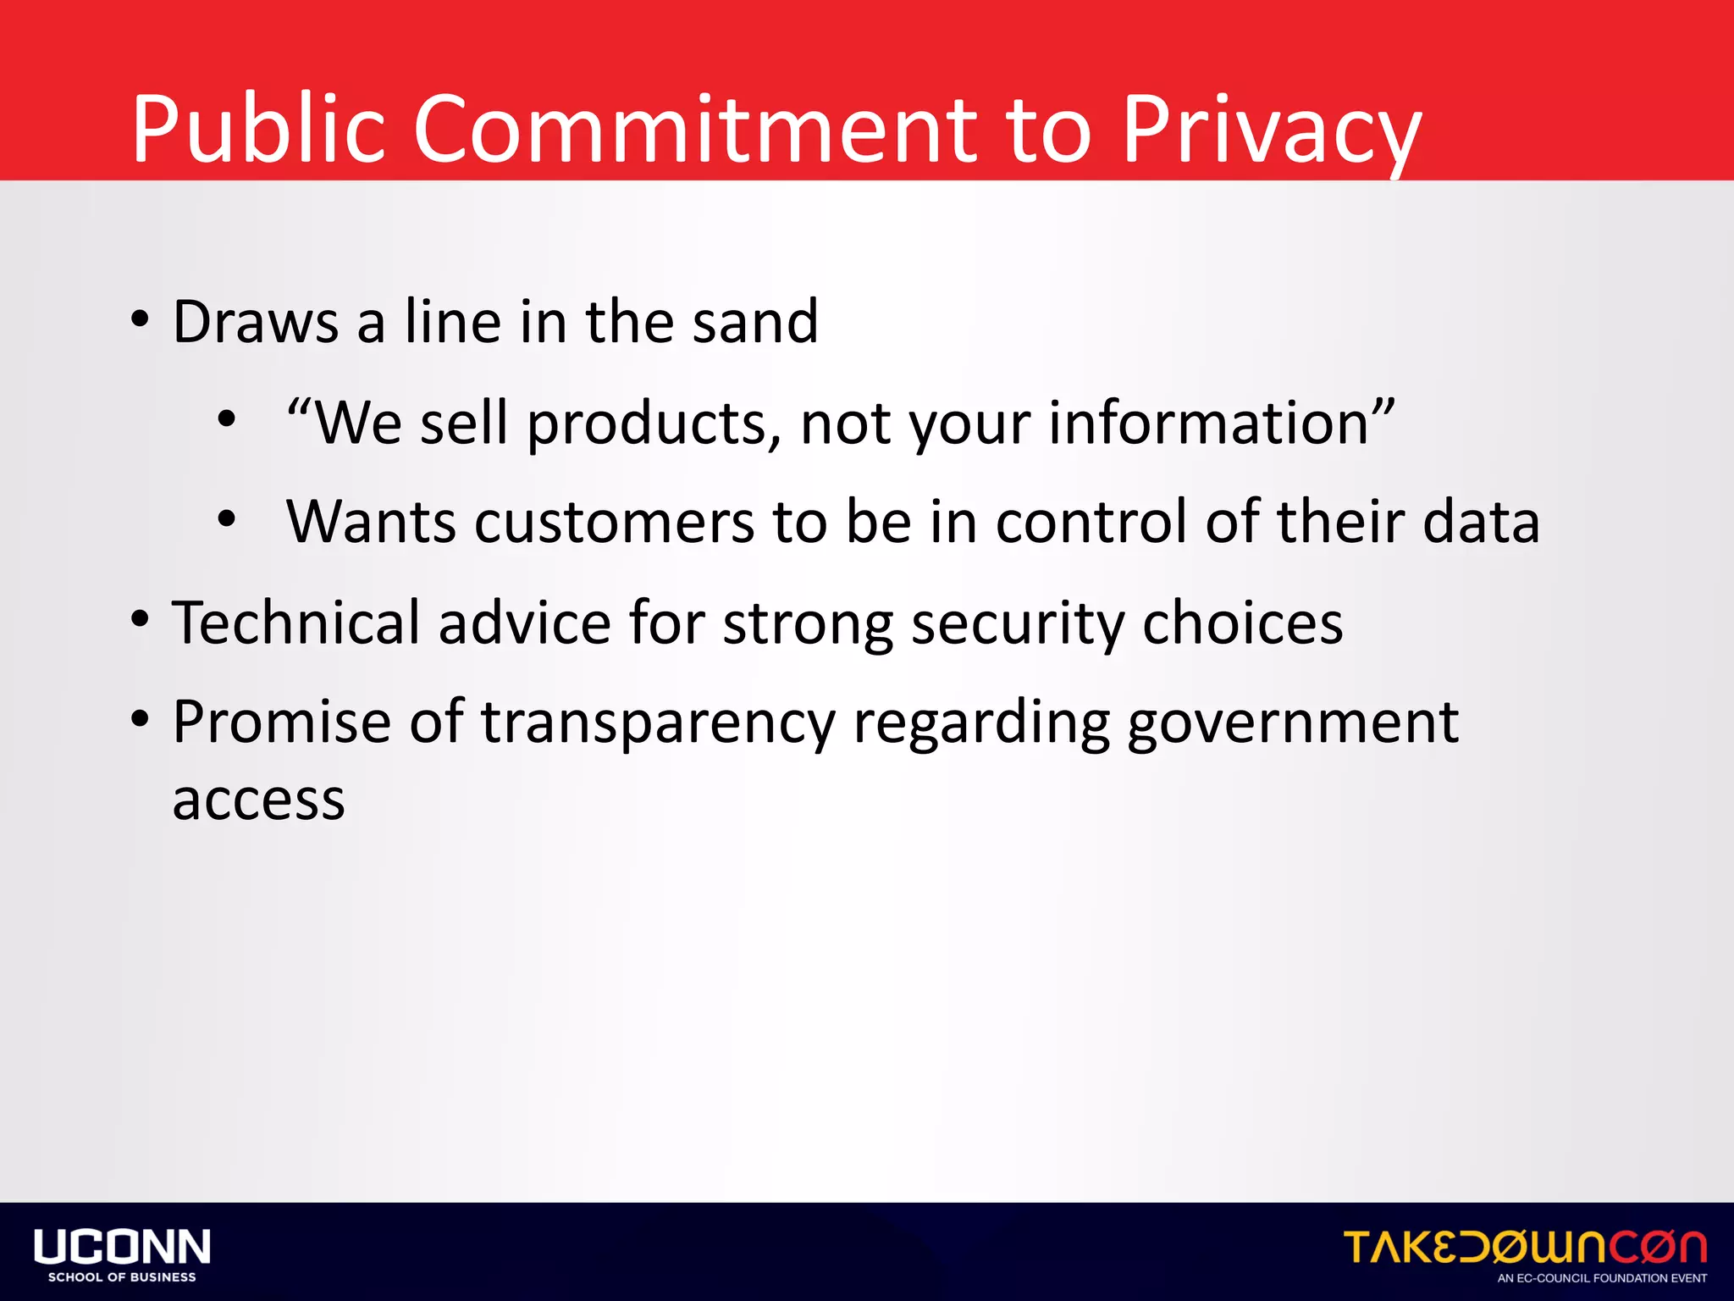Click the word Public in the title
click(259, 129)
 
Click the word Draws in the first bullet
click(256, 322)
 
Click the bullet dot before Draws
click(141, 321)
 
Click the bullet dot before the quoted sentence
click(226, 418)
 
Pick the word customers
click(615, 522)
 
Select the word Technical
click(296, 623)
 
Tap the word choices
click(1242, 623)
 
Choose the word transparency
click(659, 723)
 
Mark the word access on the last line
click(259, 800)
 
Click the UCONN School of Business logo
click(122, 1254)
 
